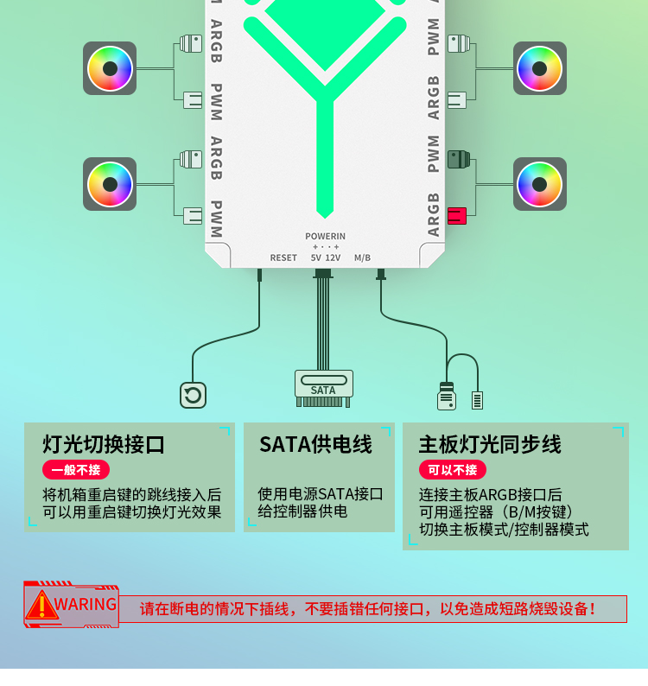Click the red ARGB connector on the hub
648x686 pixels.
tap(457, 216)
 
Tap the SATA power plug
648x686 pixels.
tap(323, 388)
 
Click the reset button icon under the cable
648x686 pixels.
tap(193, 395)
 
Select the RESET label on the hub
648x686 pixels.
tap(283, 257)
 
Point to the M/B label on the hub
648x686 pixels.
tap(362, 257)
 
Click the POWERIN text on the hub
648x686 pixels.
tap(325, 236)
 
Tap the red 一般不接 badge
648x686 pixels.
tap(76, 470)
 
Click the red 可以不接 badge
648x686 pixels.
tap(452, 470)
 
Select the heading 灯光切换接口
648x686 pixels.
tap(104, 445)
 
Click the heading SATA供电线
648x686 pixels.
tap(315, 444)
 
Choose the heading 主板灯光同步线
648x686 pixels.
tap(490, 444)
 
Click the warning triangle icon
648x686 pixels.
tap(41, 606)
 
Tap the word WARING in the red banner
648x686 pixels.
tap(86, 604)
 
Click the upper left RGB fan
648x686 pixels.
tap(110, 68)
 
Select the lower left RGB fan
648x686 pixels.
tap(110, 184)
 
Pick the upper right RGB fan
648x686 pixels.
tap(540, 68)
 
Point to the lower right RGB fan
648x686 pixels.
tap(540, 184)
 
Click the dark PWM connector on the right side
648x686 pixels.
tap(458, 159)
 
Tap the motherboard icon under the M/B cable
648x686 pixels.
tap(446, 397)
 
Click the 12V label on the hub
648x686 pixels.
tap(333, 257)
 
